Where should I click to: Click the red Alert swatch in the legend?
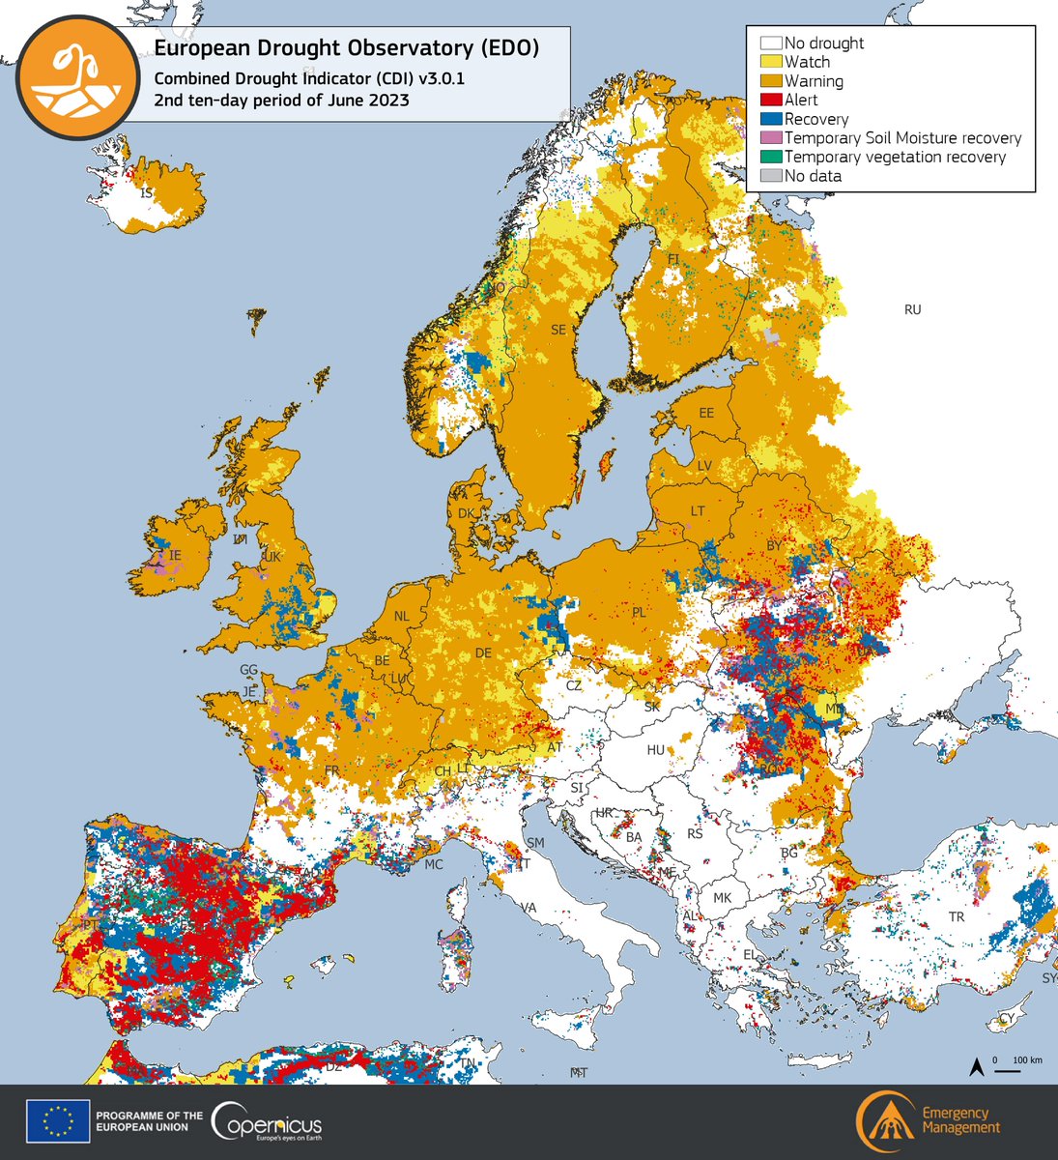click(771, 100)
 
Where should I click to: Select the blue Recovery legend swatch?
click(771, 119)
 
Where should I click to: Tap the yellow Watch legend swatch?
click(771, 62)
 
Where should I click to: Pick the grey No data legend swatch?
click(771, 176)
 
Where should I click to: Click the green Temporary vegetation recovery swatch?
click(771, 157)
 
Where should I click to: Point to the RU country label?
click(912, 310)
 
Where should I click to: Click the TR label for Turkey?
click(957, 916)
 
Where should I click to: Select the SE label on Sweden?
click(558, 330)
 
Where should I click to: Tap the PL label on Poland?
click(638, 612)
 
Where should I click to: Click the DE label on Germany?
click(484, 653)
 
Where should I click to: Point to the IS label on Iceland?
click(147, 194)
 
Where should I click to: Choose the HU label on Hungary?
click(655, 750)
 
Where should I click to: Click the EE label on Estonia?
click(706, 413)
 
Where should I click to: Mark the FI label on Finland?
click(673, 259)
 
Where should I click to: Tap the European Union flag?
click(58, 1121)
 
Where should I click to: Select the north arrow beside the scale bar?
click(977, 1067)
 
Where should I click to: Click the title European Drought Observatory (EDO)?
click(346, 48)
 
